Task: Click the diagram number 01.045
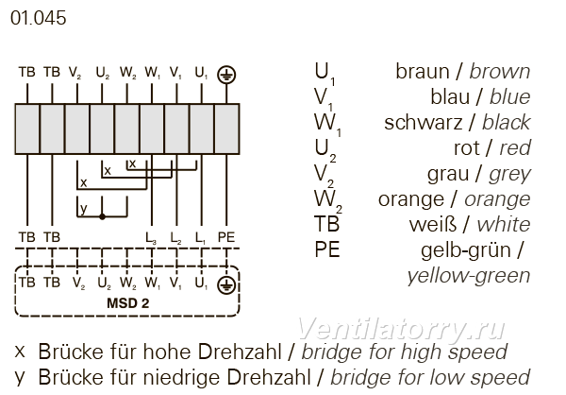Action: (x=39, y=18)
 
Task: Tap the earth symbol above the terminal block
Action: (x=226, y=76)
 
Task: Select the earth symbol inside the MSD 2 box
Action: (x=226, y=285)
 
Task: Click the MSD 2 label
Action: (x=127, y=303)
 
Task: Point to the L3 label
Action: (x=151, y=238)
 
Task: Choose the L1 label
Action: (x=200, y=238)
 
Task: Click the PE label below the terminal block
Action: (x=226, y=237)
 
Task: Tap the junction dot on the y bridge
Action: (x=102, y=216)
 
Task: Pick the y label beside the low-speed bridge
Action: (x=83, y=209)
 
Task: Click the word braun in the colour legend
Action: (x=423, y=71)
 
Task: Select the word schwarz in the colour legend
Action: (x=423, y=123)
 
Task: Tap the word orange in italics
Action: (x=497, y=200)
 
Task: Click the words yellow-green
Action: (x=469, y=276)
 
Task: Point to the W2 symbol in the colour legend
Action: (x=327, y=200)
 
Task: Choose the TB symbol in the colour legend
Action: (x=327, y=224)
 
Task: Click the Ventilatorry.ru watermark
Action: (x=401, y=329)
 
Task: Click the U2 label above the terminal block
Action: (x=103, y=74)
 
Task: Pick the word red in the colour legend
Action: (x=515, y=148)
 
